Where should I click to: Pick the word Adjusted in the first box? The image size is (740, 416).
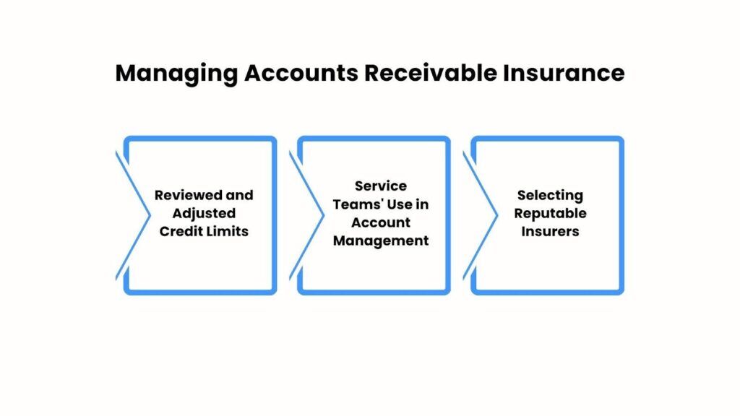[x=204, y=214]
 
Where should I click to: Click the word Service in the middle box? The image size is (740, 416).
[x=380, y=186]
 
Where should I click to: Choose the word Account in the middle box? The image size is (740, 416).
[x=380, y=222]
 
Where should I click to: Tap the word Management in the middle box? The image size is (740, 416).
[x=380, y=240]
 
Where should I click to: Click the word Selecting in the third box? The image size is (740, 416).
[x=549, y=196]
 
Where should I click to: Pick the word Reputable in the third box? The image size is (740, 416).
[x=550, y=214]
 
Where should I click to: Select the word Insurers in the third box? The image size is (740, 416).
[x=550, y=232]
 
